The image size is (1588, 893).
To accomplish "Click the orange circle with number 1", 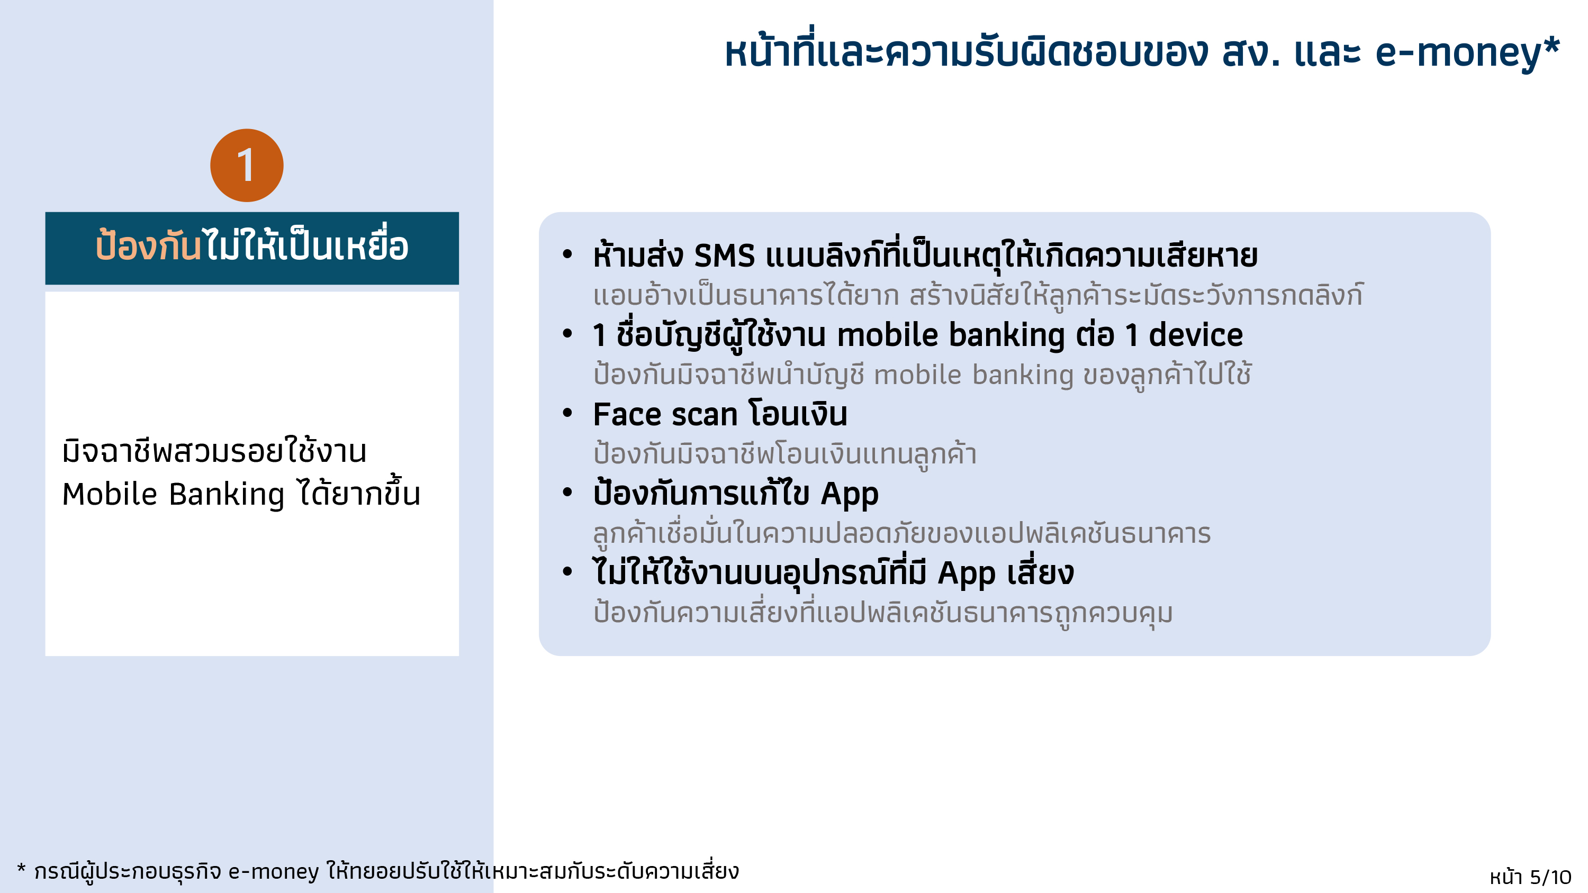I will tap(247, 165).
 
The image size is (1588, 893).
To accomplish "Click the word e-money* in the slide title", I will tap(1467, 52).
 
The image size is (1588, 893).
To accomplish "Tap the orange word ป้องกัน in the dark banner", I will tap(148, 247).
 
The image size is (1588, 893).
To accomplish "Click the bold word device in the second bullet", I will tap(1195, 335).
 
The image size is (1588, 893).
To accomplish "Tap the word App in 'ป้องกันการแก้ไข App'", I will tap(849, 494).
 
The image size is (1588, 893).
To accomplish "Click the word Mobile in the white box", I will tap(110, 494).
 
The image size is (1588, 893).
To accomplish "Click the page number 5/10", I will tap(1550, 877).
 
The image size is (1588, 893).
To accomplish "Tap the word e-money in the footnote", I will tap(274, 871).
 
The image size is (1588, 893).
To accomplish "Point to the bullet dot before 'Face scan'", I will tap(567, 414).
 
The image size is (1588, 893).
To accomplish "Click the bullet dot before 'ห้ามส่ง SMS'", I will tap(567, 254).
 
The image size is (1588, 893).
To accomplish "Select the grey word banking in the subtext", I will tap(1023, 375).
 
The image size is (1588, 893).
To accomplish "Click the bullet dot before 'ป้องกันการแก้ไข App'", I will tap(567, 493).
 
